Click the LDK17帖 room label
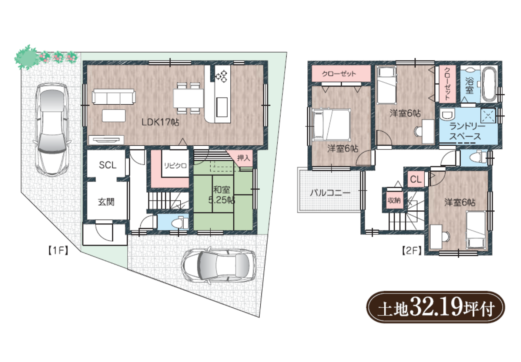(x=160, y=122)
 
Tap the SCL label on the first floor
(x=107, y=165)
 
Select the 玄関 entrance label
(x=106, y=202)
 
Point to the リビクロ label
(x=175, y=166)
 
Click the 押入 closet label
(x=244, y=158)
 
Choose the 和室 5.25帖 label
(x=222, y=195)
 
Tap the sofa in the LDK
(x=114, y=97)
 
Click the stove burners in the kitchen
(x=221, y=77)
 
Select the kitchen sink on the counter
(x=222, y=107)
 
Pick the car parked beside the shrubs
(x=52, y=129)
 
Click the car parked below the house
(x=218, y=265)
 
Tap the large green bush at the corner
(x=26, y=57)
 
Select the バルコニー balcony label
(x=330, y=193)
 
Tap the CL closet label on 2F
(x=415, y=179)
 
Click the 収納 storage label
(x=394, y=200)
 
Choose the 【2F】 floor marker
(x=412, y=251)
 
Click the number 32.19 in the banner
(x=436, y=307)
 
